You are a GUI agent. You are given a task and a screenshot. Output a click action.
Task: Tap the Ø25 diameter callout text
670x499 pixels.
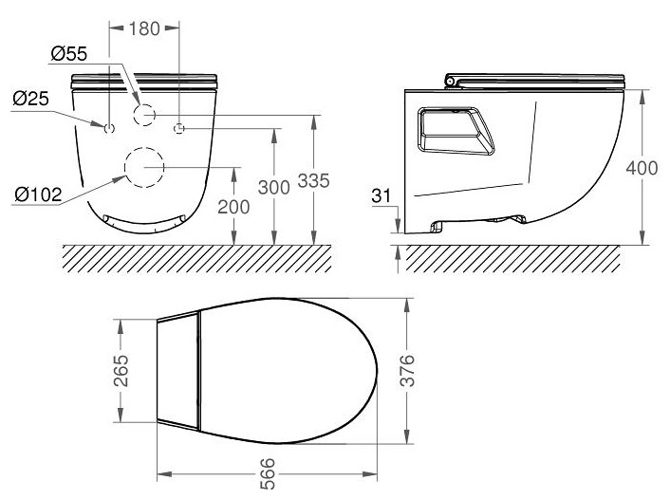31,97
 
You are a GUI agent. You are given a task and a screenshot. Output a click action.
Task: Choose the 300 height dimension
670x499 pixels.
273,188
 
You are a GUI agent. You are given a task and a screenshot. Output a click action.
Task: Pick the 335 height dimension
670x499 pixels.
313,180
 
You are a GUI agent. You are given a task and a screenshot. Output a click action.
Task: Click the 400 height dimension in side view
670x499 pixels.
643,167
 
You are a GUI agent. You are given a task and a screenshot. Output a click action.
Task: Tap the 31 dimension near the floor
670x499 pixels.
383,196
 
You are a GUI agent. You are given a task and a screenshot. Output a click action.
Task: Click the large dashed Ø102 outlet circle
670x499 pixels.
144,166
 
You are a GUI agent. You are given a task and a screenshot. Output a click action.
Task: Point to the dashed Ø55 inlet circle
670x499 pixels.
145,115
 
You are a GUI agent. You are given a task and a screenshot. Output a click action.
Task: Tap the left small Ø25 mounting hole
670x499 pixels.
109,128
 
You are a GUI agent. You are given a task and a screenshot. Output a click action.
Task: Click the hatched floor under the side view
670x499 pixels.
512,256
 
